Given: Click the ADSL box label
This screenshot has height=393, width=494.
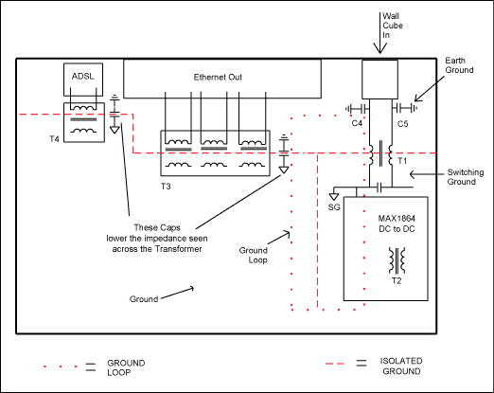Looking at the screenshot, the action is click(x=82, y=77).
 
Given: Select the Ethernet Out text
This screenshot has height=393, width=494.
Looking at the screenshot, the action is click(x=218, y=78).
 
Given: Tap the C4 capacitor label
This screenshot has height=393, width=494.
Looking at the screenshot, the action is click(x=357, y=123).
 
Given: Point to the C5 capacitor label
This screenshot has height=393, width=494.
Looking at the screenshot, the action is click(x=402, y=124).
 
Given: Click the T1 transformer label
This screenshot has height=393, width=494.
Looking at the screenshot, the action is click(x=402, y=161).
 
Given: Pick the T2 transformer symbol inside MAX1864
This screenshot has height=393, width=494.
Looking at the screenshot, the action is click(x=397, y=260).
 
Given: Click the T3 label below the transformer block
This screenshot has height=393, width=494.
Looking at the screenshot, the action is click(x=166, y=187).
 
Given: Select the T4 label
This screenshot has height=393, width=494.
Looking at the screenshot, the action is click(x=54, y=139).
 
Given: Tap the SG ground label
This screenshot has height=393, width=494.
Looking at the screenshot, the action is click(x=334, y=207).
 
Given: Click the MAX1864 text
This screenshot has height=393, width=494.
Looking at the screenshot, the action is click(x=397, y=219).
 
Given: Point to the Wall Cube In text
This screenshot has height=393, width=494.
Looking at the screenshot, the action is click(x=393, y=26).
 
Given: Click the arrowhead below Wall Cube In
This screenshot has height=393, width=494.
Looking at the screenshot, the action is click(x=380, y=49).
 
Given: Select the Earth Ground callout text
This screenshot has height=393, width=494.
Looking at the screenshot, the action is click(x=459, y=65).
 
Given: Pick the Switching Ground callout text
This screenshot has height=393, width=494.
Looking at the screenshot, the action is click(x=466, y=177).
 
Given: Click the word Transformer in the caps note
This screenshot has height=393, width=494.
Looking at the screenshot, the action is click(x=179, y=249).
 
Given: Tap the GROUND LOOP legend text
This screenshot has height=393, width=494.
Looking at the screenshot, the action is click(x=126, y=367).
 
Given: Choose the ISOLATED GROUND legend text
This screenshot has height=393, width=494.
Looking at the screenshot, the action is click(x=401, y=366).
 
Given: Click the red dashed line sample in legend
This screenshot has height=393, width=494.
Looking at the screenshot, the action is click(x=335, y=364).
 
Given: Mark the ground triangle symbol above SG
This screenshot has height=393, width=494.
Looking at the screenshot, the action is click(x=334, y=197).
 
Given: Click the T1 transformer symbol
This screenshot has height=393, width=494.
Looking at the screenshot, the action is click(x=380, y=154).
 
